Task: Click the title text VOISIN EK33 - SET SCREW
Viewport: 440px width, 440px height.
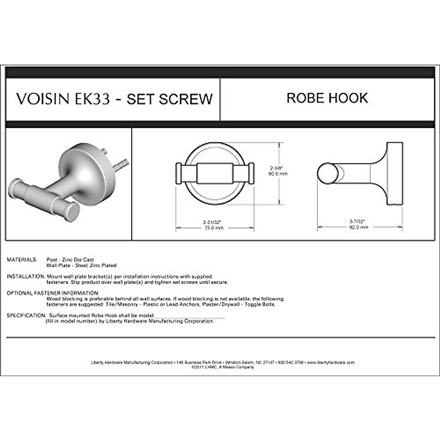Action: (x=114, y=99)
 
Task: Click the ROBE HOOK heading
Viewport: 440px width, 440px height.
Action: (x=327, y=98)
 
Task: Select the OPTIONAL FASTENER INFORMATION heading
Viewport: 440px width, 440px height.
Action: (x=52, y=293)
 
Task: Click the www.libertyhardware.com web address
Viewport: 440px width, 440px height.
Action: (x=331, y=362)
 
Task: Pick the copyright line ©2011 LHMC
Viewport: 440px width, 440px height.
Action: (x=222, y=367)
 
